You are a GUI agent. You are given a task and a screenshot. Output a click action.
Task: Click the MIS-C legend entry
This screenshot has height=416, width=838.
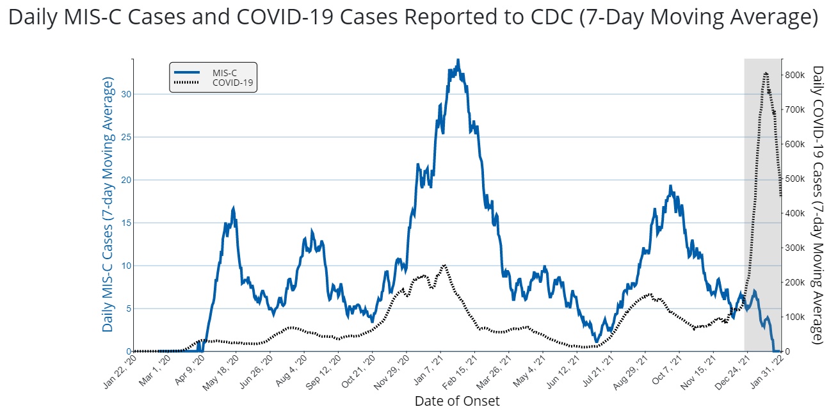click(x=225, y=72)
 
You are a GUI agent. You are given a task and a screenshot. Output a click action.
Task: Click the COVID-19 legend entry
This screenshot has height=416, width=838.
click(x=229, y=82)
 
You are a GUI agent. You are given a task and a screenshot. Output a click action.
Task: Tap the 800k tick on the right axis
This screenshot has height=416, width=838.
click(x=796, y=76)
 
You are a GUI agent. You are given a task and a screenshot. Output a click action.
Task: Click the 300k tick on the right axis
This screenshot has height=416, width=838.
click(x=796, y=248)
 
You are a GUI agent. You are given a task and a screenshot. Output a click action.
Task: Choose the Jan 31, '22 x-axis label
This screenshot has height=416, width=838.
click(x=766, y=371)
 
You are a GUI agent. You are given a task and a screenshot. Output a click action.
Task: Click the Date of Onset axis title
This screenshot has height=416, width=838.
click(x=457, y=401)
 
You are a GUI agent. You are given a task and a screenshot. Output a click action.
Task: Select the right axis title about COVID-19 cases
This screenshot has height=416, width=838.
click(x=818, y=205)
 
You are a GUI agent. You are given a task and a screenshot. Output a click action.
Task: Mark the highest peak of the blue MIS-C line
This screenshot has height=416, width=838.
click(x=458, y=60)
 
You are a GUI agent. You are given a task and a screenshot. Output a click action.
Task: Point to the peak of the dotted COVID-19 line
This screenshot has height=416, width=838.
click(x=766, y=73)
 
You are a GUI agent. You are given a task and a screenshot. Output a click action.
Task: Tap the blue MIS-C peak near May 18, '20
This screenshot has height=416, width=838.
click(x=234, y=208)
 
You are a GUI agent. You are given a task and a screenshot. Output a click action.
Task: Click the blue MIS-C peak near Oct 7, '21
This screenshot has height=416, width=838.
click(x=670, y=186)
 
